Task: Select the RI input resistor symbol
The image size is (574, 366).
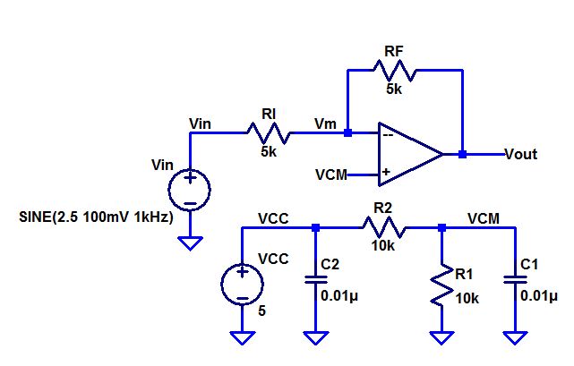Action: pyautogui.click(x=269, y=134)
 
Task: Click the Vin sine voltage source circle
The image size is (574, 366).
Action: pyautogui.click(x=191, y=189)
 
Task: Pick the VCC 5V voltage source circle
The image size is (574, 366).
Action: pyautogui.click(x=242, y=284)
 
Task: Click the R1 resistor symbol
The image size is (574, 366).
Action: pyautogui.click(x=441, y=284)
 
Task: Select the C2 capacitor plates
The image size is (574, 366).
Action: pyautogui.click(x=314, y=279)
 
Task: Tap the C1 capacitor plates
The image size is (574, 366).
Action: pyautogui.click(x=515, y=279)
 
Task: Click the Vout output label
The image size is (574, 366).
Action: pyautogui.click(x=521, y=154)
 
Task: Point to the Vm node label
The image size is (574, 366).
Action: pyautogui.click(x=326, y=123)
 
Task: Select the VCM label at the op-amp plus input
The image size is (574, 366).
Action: pyautogui.click(x=331, y=174)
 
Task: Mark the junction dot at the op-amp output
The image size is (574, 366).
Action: pyautogui.click(x=462, y=154)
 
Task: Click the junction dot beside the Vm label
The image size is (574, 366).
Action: pyautogui.click(x=347, y=134)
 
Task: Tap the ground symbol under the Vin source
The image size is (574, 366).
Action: pyautogui.click(x=191, y=242)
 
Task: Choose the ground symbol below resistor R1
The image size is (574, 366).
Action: pyautogui.click(x=441, y=337)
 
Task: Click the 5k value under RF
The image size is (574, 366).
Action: pyautogui.click(x=394, y=89)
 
